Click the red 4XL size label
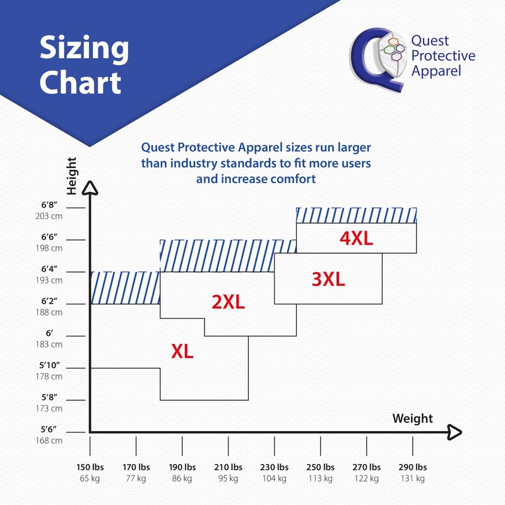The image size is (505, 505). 357,239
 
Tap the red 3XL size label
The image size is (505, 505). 328,279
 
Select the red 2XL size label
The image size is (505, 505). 228,302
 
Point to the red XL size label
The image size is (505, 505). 182,352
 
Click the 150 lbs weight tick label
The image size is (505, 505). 90,468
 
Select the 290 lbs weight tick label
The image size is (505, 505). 413,468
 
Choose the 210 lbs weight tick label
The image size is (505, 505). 229,468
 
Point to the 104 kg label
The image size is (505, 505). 275,478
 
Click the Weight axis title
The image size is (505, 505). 413,419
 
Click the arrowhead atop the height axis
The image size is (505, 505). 90,187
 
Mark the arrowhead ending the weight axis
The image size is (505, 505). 454,432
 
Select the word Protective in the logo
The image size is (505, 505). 443,56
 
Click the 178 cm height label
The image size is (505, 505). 49,376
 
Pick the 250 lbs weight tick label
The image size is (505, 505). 321,468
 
